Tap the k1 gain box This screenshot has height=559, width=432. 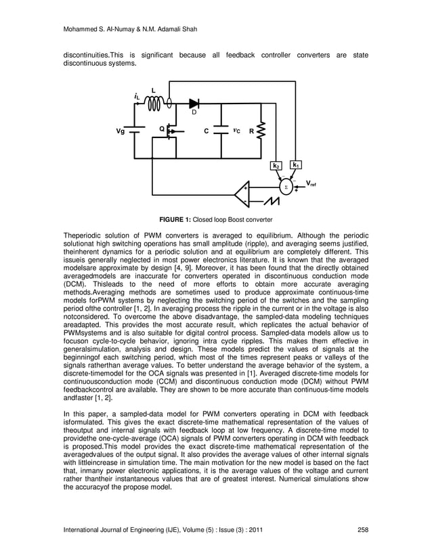point(296,164)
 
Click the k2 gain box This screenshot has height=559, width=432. point(276,165)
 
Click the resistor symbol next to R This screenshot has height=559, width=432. point(262,131)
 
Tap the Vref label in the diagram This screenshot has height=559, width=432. point(312,183)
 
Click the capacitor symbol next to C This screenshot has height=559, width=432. point(221,131)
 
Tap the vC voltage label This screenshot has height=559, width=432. point(236,131)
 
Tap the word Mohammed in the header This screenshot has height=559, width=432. point(81,28)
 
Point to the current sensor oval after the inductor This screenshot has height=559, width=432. point(170,103)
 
